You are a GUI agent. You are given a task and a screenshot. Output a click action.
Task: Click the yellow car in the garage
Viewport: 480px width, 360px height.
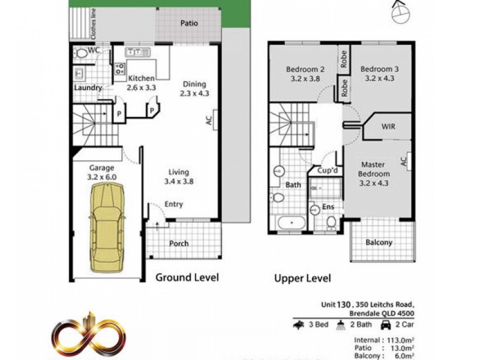[x=107, y=227]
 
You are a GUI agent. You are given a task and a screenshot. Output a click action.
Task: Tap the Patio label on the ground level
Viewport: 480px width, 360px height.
[x=189, y=24]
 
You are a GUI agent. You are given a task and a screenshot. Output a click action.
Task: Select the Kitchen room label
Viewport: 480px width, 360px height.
[x=141, y=79]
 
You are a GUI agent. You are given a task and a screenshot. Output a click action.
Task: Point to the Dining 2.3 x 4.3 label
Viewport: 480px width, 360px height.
[x=194, y=89]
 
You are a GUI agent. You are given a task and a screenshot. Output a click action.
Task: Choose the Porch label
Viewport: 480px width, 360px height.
[x=179, y=243]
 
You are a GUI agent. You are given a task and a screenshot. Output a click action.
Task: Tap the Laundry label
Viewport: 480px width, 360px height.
[x=88, y=88]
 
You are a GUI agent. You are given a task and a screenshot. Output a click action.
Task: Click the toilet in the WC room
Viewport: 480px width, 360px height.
[x=82, y=53]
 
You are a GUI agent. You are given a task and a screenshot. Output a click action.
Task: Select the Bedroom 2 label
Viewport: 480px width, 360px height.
[x=305, y=68]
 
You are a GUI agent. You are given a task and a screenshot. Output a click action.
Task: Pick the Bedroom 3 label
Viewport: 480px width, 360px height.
[x=379, y=68]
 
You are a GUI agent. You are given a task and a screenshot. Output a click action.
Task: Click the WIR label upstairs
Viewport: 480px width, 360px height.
[x=388, y=127]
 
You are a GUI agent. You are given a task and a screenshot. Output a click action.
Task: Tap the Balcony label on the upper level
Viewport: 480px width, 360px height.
[x=379, y=242]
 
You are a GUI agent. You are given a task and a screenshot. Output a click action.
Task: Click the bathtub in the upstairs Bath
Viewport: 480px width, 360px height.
[x=292, y=224]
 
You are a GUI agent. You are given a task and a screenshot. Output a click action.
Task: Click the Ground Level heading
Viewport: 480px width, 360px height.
[x=187, y=277]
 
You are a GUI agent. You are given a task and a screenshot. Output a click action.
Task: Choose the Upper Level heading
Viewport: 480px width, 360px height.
[x=302, y=278]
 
